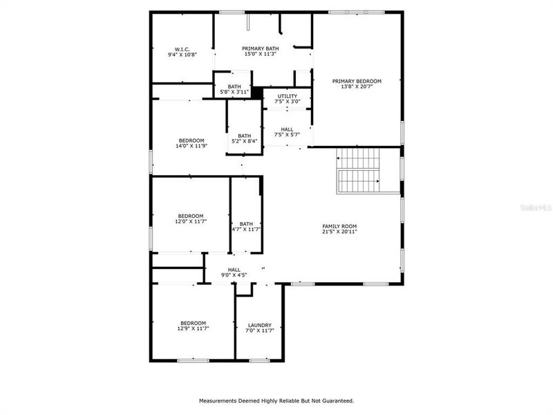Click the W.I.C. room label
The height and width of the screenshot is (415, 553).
tap(182, 49)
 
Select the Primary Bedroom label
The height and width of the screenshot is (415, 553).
tap(356, 81)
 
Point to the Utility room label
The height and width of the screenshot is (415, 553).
tap(287, 96)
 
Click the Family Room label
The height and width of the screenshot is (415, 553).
tap(339, 226)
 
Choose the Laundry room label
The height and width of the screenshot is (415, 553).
tap(259, 325)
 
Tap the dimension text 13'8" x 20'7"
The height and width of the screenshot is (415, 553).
tap(356, 87)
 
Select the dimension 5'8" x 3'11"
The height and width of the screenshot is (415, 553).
tap(234, 92)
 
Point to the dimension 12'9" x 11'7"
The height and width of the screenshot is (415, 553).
tap(193, 329)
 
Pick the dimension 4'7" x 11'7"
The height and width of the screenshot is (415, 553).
tap(245, 229)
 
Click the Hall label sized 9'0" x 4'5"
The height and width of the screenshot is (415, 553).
tap(234, 270)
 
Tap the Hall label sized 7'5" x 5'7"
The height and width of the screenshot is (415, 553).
tap(287, 129)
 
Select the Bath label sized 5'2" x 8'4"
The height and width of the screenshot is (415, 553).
tap(244, 136)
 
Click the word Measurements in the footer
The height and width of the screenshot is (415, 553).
tap(220, 400)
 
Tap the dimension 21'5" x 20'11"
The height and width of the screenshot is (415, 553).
tap(339, 232)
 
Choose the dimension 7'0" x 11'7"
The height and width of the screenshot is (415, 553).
tap(259, 331)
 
